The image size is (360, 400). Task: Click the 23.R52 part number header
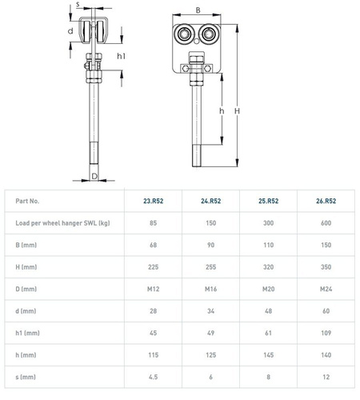[x=154, y=201]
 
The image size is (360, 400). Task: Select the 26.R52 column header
[x=326, y=201]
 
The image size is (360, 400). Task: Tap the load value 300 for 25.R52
[x=268, y=223]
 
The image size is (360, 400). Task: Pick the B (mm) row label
[x=26, y=245]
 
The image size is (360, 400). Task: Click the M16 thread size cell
[x=210, y=289]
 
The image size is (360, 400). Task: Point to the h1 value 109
[x=326, y=333]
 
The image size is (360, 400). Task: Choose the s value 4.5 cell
[x=154, y=377]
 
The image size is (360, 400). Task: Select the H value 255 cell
[x=210, y=267]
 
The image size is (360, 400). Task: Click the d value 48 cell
[x=268, y=311]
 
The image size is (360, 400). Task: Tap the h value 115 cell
[x=154, y=355]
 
